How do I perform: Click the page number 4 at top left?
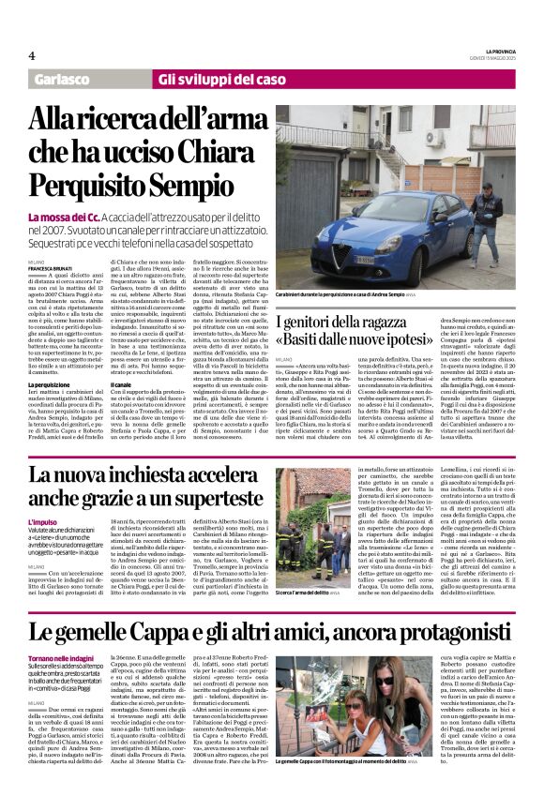click(x=32, y=54)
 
